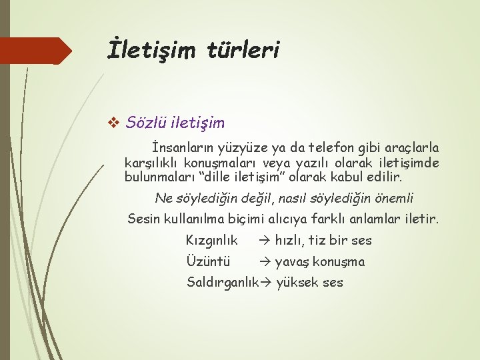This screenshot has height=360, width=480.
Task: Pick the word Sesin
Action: point(144,219)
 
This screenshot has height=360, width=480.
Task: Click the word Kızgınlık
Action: point(211,240)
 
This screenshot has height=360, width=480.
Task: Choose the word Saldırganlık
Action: point(223,283)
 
